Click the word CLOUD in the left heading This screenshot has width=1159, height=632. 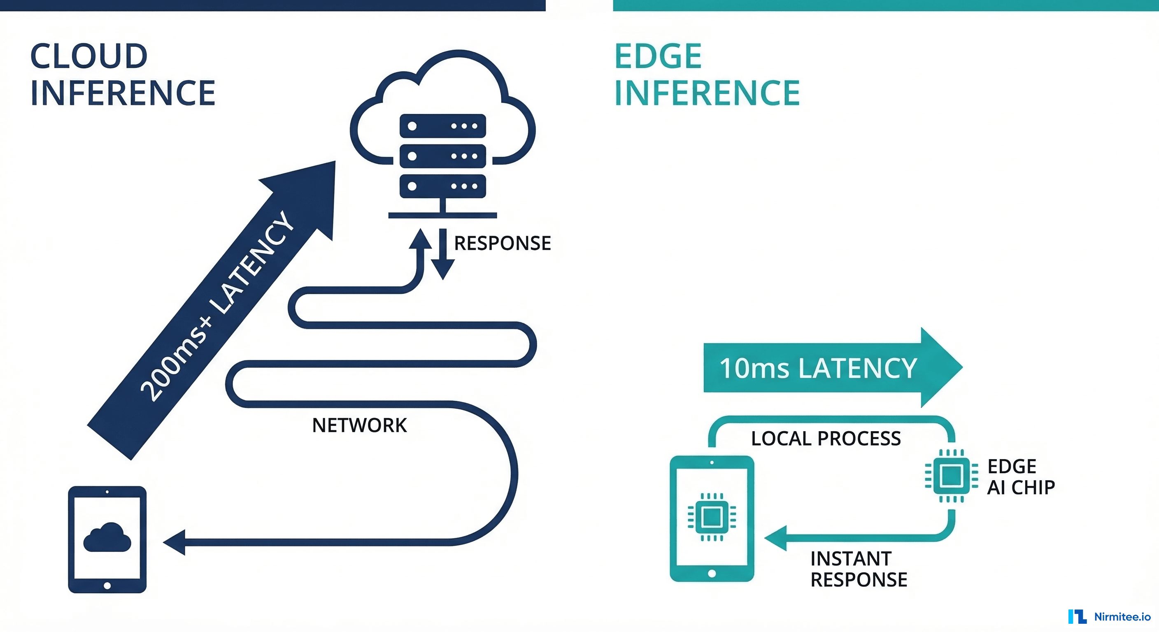point(88,56)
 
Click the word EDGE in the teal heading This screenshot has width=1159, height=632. point(657,56)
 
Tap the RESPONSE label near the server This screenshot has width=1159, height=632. point(502,243)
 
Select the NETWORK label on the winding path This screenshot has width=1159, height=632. point(359,425)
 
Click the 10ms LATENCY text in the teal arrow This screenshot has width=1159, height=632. point(817,368)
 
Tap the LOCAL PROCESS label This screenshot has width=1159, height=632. point(826,439)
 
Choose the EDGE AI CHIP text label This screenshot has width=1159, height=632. point(1020,477)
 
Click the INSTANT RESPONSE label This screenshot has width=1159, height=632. point(858,569)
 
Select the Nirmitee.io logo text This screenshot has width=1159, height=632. point(1122,617)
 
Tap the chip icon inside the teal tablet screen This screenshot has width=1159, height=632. point(712,517)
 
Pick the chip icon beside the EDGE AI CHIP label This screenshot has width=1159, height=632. point(951,476)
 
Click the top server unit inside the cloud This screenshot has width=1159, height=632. point(442,126)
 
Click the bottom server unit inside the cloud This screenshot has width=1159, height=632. point(442,186)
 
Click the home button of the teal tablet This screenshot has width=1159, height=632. point(712,573)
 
